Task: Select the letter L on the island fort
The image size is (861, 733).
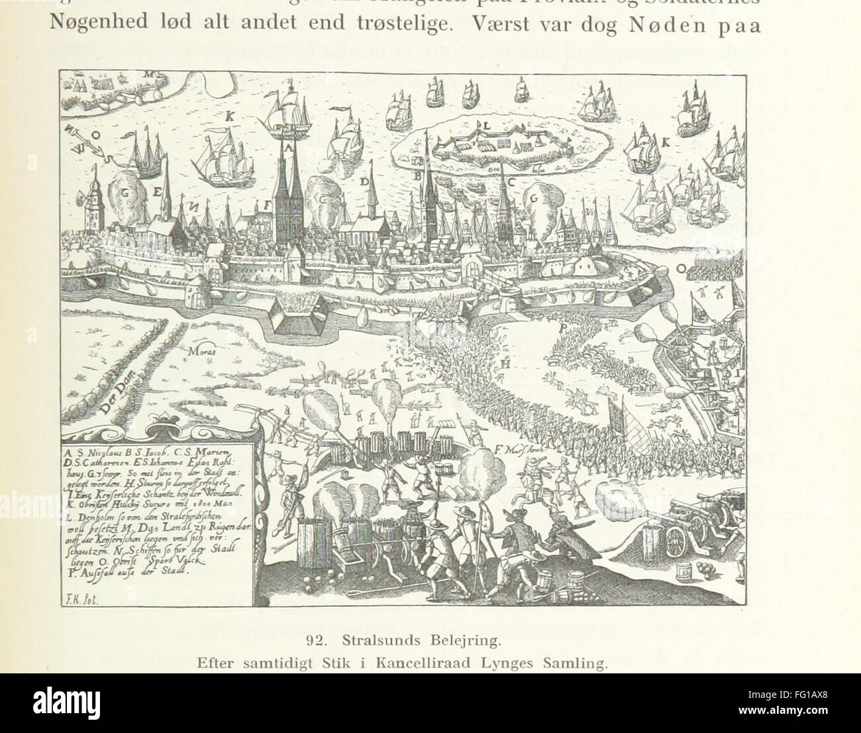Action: pyautogui.click(x=486, y=125)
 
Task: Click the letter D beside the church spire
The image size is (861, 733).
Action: pyautogui.click(x=363, y=180)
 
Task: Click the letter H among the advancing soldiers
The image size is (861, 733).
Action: pyautogui.click(x=505, y=363)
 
